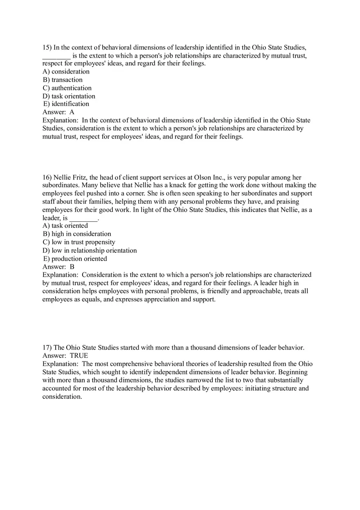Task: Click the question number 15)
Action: (47, 47)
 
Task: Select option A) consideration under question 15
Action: (66, 72)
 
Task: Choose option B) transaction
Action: (63, 80)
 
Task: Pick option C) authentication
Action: (67, 88)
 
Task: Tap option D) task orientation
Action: (69, 96)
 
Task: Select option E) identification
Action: (66, 104)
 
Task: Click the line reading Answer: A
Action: (59, 112)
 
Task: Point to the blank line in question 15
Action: (56, 56)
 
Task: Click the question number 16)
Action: (47, 177)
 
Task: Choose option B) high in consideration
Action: (77, 234)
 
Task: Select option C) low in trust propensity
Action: (79, 242)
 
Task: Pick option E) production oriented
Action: (75, 259)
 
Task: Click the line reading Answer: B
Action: (59, 267)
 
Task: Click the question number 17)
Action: (47, 348)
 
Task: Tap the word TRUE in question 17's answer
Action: (79, 356)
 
